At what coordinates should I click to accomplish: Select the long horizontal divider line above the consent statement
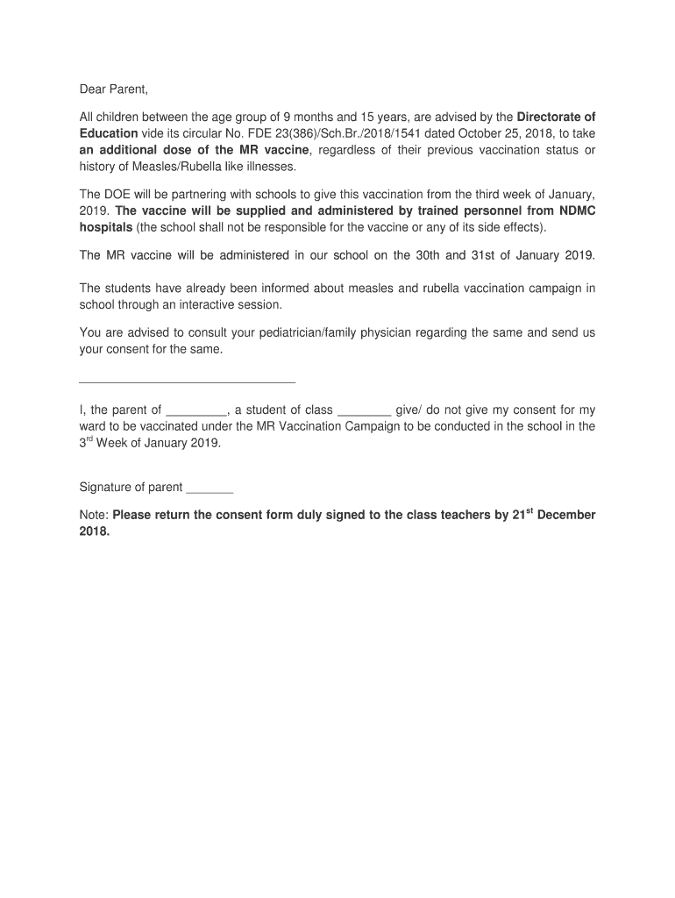pos(187,382)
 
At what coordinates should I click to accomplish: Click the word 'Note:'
pos(94,515)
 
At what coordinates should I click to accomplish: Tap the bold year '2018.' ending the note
pos(95,531)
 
